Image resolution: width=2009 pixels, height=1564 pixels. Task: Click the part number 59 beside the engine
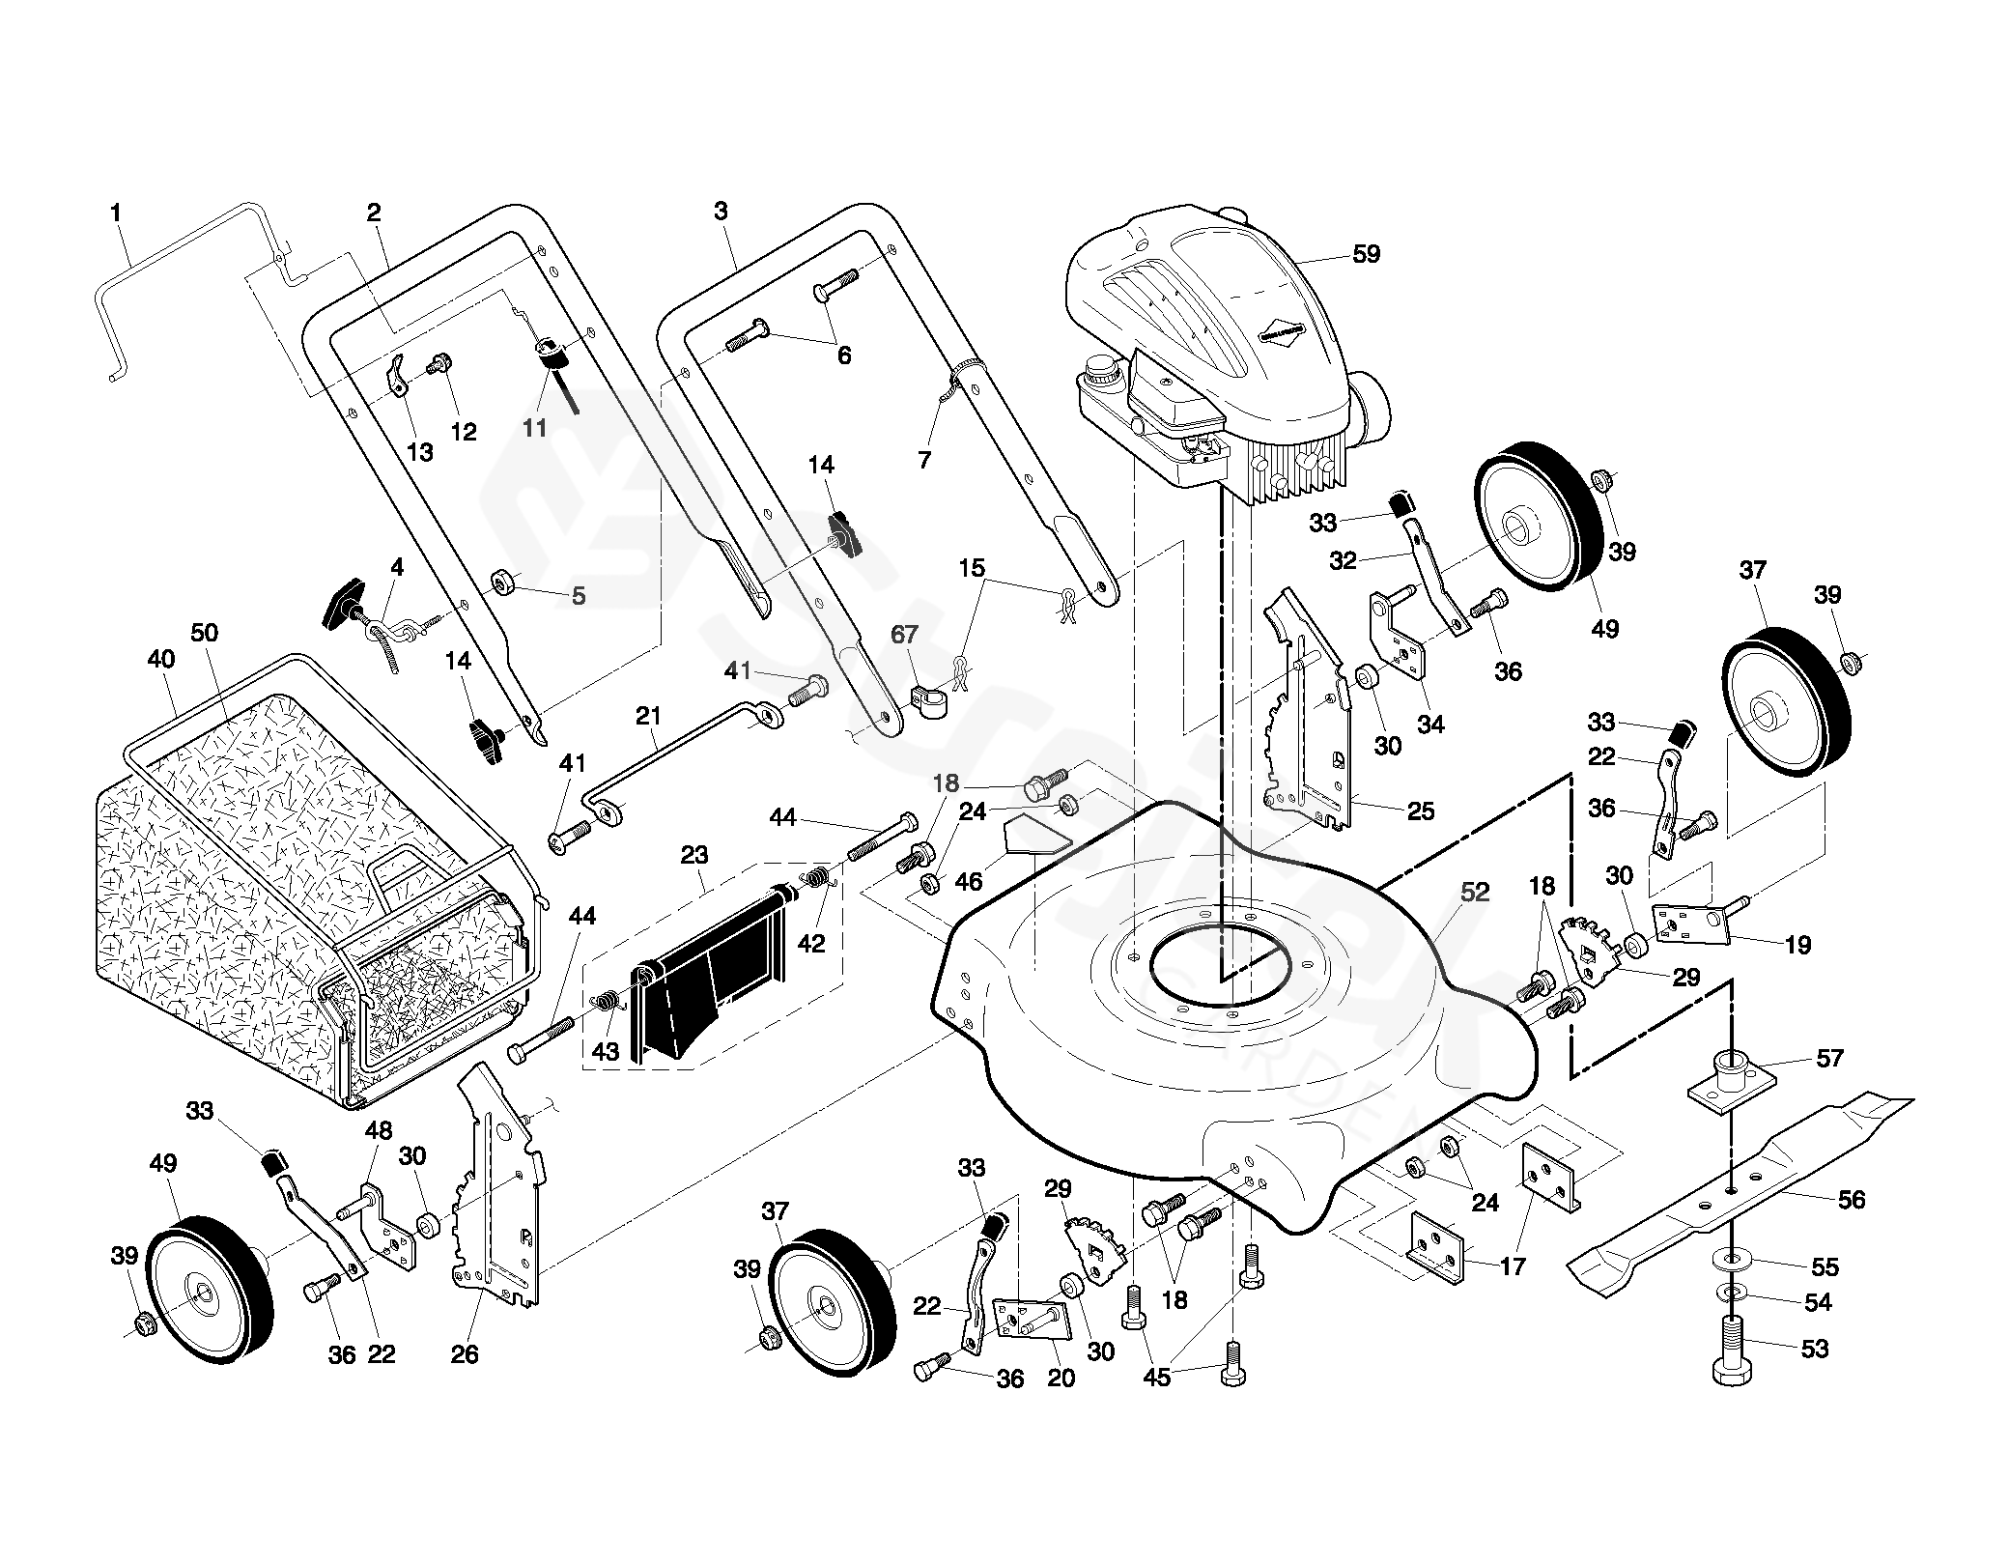[1366, 254]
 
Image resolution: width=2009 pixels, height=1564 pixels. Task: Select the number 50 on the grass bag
[205, 633]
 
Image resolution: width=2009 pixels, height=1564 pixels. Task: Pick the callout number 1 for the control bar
[117, 212]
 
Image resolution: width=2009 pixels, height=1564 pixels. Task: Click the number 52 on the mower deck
[1475, 894]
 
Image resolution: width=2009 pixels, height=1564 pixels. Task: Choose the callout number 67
[905, 635]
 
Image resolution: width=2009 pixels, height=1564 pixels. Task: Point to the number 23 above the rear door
[694, 855]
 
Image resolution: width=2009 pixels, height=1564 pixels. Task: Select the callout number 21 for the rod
[648, 716]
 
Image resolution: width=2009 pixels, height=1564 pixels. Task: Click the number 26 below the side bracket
[465, 1354]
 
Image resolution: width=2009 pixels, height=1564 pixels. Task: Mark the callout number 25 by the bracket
[1421, 810]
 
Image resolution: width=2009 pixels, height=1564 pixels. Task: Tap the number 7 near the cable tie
[924, 460]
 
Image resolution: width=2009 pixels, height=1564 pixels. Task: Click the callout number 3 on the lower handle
[721, 211]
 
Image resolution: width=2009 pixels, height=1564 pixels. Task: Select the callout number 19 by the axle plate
[1797, 945]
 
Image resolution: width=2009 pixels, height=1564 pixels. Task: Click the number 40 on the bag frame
[161, 659]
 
